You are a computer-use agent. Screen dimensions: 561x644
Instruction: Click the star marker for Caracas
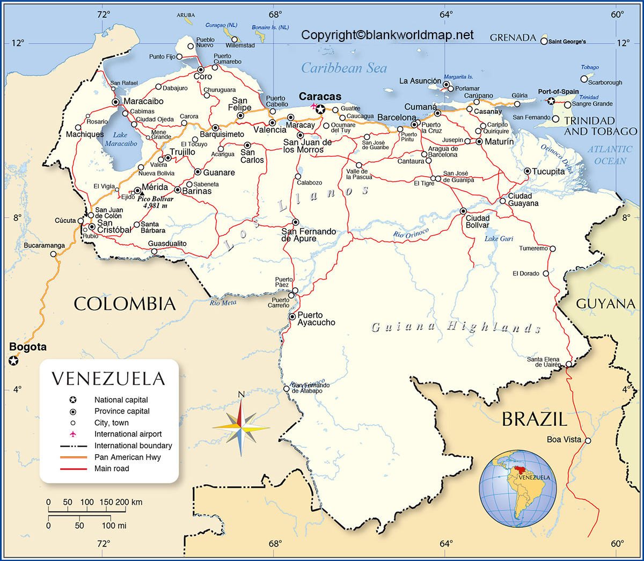320,110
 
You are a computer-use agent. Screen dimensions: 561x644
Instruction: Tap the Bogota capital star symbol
13,361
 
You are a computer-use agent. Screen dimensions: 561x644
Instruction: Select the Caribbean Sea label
343,68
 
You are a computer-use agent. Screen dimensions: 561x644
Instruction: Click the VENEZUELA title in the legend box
108,379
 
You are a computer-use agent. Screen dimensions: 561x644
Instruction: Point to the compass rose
241,427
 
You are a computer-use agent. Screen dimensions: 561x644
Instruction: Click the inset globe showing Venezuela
518,489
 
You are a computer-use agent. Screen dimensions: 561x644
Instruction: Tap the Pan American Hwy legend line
74,457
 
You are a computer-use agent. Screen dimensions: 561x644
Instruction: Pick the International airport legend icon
73,434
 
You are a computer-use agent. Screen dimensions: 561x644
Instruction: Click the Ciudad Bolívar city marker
463,212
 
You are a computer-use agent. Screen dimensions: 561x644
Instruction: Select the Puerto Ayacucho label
316,319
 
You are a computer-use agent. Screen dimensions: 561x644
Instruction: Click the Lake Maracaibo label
121,140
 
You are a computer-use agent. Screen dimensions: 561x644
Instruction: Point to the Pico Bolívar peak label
155,202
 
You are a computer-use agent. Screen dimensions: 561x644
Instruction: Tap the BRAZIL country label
534,419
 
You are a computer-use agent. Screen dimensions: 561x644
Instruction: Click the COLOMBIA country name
125,304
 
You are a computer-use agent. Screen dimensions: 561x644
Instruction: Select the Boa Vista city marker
588,441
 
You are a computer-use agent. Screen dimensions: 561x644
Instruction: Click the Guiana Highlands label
456,327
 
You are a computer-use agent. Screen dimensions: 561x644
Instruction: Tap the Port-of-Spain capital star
551,101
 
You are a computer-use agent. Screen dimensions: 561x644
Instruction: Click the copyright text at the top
387,35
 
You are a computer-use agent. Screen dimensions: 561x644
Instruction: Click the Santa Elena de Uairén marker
569,364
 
